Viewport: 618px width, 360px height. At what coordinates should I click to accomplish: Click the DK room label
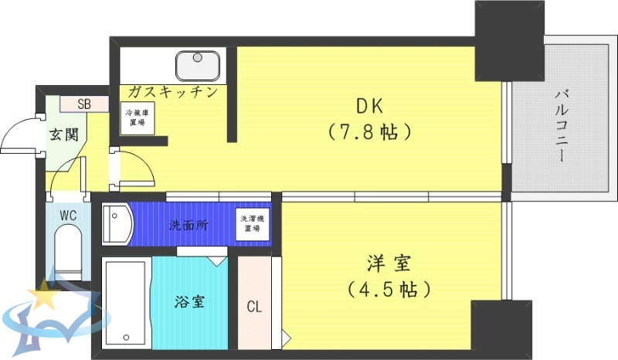click(x=368, y=106)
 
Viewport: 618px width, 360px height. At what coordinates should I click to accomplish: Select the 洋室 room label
click(x=388, y=265)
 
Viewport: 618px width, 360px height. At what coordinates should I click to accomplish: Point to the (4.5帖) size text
click(x=388, y=290)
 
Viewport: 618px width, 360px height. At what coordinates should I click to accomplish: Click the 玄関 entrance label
click(x=64, y=134)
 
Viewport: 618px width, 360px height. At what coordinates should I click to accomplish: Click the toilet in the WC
click(x=66, y=255)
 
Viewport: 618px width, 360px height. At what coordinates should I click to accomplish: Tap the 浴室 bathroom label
click(x=189, y=301)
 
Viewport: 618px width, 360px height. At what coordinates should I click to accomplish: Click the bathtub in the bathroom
click(x=126, y=304)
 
